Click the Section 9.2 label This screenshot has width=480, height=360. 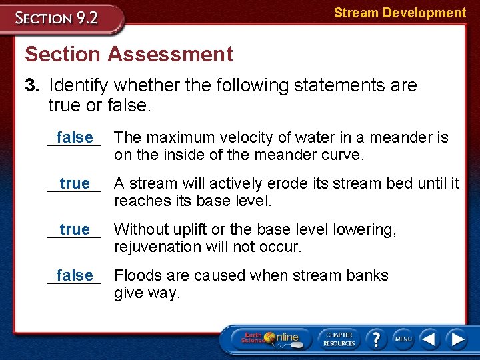pyautogui.click(x=58, y=17)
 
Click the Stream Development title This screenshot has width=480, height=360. pyautogui.click(x=399, y=13)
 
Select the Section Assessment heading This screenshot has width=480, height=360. pyautogui.click(x=129, y=54)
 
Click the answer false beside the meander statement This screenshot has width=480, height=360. pyautogui.click(x=75, y=137)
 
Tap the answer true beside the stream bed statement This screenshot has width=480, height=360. pyautogui.click(x=75, y=183)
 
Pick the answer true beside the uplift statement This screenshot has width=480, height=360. pyautogui.click(x=75, y=229)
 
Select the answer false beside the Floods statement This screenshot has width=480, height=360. pyautogui.click(x=75, y=275)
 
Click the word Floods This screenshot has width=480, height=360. pyautogui.click(x=138, y=275)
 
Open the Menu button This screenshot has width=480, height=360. pyautogui.click(x=403, y=339)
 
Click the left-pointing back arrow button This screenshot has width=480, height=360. pyautogui.click(x=430, y=339)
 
